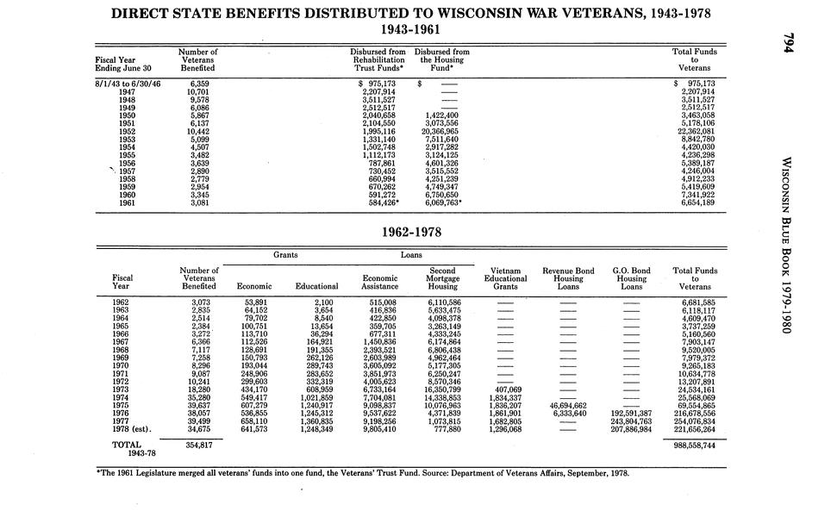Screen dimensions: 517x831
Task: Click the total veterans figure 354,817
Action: tap(197, 446)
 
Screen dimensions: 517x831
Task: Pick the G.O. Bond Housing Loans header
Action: tap(631, 278)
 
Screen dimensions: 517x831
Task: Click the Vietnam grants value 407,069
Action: tap(506, 389)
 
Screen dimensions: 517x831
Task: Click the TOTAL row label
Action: tap(127, 445)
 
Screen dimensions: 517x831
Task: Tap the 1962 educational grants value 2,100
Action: tap(324, 302)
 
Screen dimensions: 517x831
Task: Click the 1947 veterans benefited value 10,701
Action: tap(197, 91)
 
